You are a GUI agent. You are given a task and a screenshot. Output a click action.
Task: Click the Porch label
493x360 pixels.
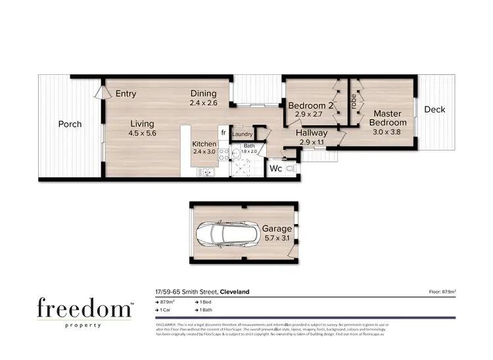70,124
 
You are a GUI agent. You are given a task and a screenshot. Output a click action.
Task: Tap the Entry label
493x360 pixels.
126,94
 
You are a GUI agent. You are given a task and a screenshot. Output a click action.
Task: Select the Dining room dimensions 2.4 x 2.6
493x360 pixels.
203,103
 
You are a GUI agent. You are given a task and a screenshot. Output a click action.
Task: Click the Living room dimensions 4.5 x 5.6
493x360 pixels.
142,133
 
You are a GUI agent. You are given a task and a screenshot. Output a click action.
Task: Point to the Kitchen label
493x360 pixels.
204,144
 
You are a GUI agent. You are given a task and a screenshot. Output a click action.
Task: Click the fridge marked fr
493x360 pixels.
223,133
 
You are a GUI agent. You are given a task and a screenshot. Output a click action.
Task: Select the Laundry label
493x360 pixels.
243,134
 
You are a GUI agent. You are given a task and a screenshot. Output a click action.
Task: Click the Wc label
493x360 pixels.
276,169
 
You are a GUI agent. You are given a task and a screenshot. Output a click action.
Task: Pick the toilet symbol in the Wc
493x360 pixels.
292,169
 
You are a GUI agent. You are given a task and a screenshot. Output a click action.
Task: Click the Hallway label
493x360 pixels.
312,133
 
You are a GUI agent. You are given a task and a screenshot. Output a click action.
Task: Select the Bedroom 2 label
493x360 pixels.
311,105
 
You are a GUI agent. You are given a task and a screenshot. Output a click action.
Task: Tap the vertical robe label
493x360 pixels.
353,102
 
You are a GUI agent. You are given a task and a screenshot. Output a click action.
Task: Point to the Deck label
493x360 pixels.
434,110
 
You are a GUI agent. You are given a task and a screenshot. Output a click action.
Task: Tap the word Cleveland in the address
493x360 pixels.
235,292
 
